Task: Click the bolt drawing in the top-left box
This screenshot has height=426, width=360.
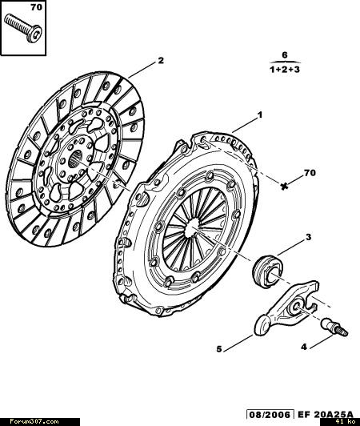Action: coord(23,27)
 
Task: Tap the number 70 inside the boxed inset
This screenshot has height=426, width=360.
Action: coord(36,7)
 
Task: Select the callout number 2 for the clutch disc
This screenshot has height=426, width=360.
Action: coord(161,60)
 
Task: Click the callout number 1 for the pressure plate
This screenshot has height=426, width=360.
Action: coord(260,115)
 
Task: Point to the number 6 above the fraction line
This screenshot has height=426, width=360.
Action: coord(285,55)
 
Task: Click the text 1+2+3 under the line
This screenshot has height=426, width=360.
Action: coord(285,70)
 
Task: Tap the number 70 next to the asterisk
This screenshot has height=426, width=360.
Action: coord(310,172)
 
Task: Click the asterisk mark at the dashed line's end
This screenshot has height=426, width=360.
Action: coord(284,186)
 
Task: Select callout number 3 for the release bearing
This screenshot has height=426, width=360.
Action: coord(309,237)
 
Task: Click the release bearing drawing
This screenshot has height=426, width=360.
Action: coord(268,271)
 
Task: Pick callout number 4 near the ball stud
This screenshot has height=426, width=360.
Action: coord(304,347)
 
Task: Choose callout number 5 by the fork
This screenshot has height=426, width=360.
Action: coord(219,349)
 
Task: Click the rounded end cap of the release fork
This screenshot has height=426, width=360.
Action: coord(262,324)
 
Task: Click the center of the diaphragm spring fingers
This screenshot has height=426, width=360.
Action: coord(193,227)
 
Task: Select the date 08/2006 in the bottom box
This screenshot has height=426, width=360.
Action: coord(270,415)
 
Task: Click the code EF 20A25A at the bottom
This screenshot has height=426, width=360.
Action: coord(326,415)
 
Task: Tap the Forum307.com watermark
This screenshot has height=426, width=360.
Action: coord(34,422)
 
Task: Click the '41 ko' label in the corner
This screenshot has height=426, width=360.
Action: coord(344,422)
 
